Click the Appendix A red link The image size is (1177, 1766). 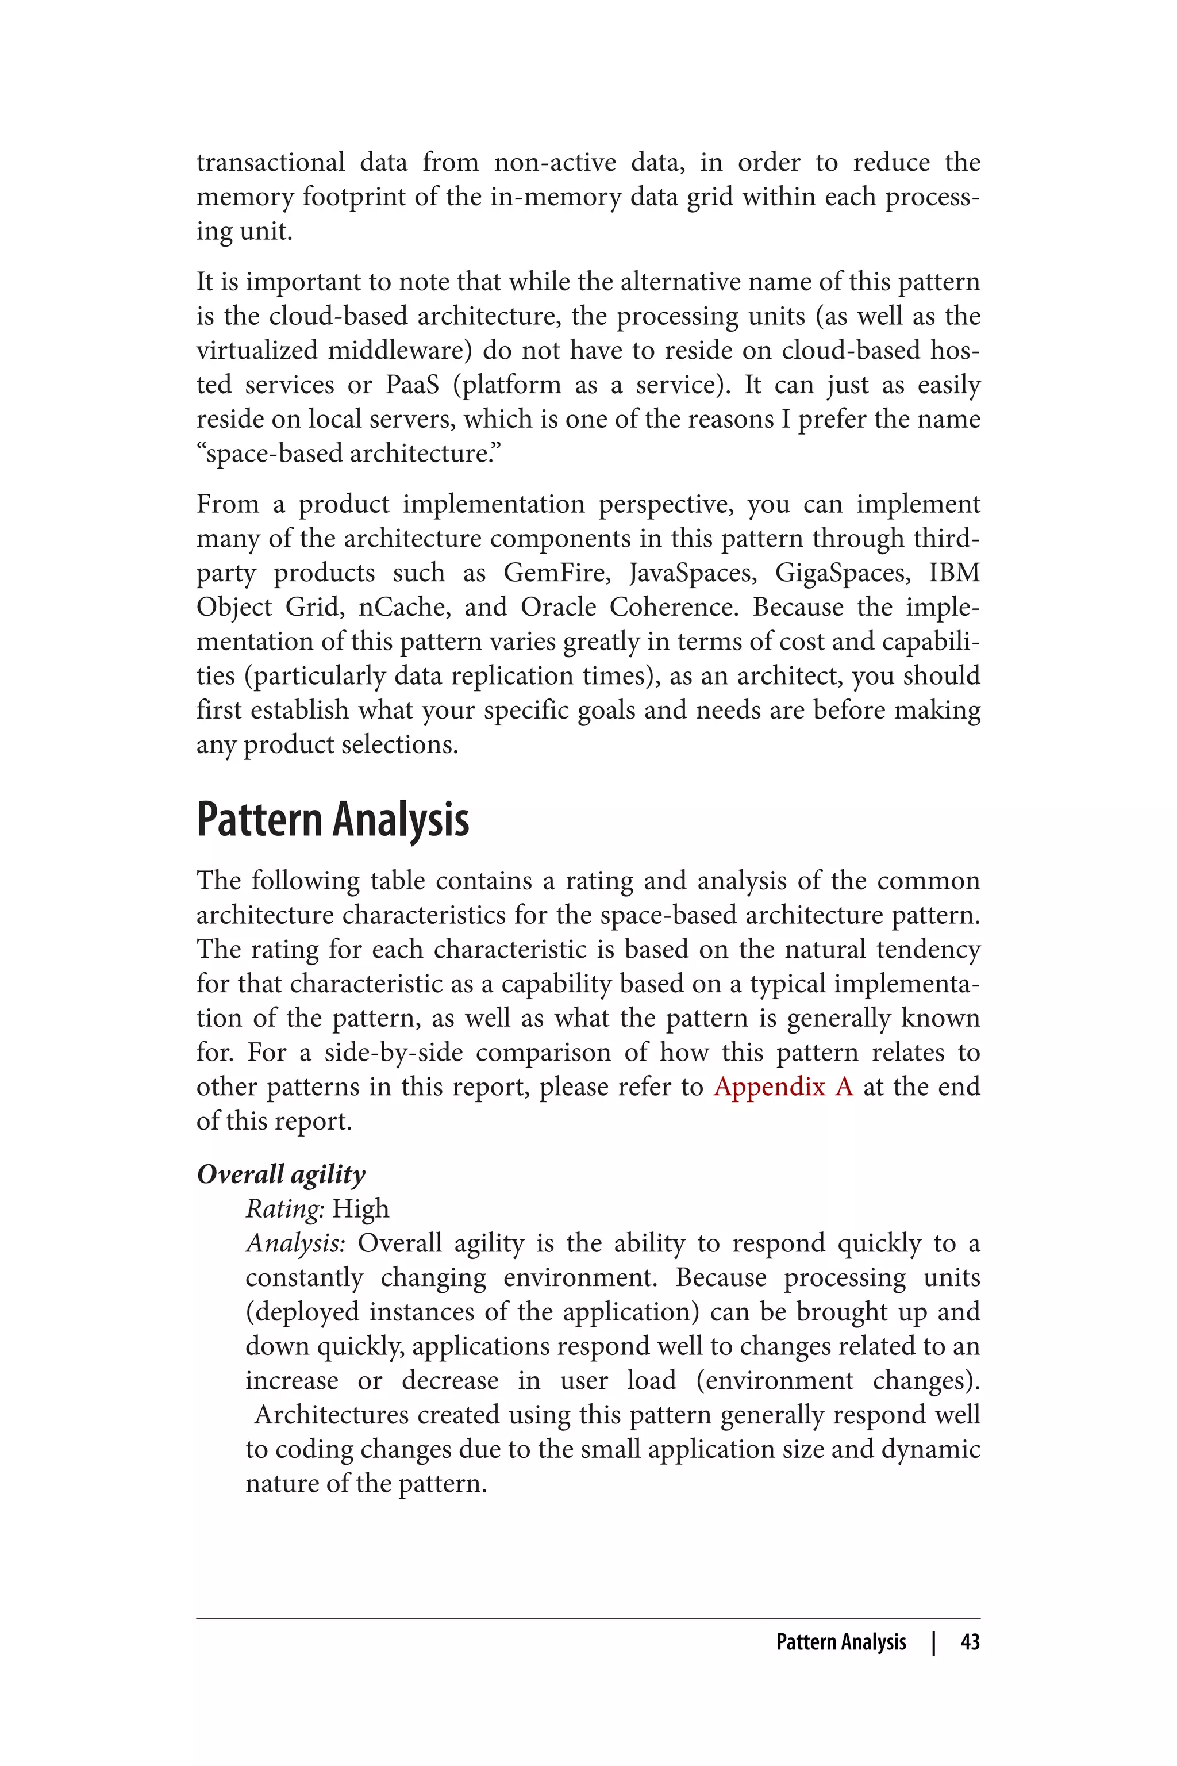pyautogui.click(x=783, y=1087)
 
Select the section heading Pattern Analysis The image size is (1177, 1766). pyautogui.click(x=333, y=819)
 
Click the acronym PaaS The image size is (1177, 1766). pyautogui.click(x=411, y=385)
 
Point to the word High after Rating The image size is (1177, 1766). pyautogui.click(x=360, y=1209)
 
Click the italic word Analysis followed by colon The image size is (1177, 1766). pyautogui.click(x=295, y=1243)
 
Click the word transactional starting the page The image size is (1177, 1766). pyautogui.click(x=270, y=163)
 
